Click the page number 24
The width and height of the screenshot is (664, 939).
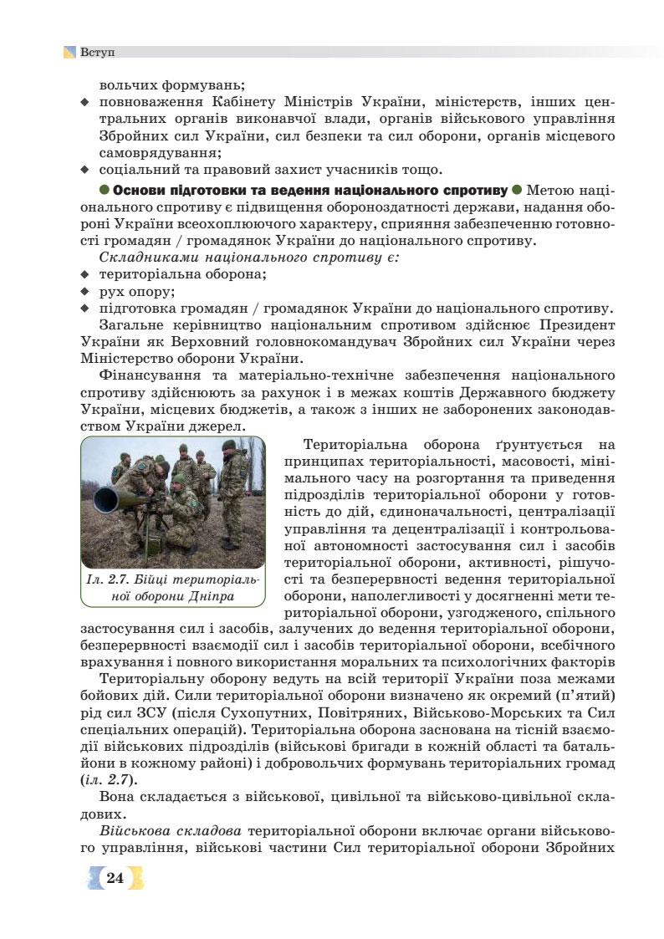tap(115, 877)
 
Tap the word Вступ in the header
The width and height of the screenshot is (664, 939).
tap(98, 52)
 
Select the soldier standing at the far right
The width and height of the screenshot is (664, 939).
tap(233, 493)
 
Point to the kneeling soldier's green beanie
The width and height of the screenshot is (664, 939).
tap(178, 480)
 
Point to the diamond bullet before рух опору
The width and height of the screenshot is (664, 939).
tap(84, 292)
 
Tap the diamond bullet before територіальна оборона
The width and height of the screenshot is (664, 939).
tap(84, 274)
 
